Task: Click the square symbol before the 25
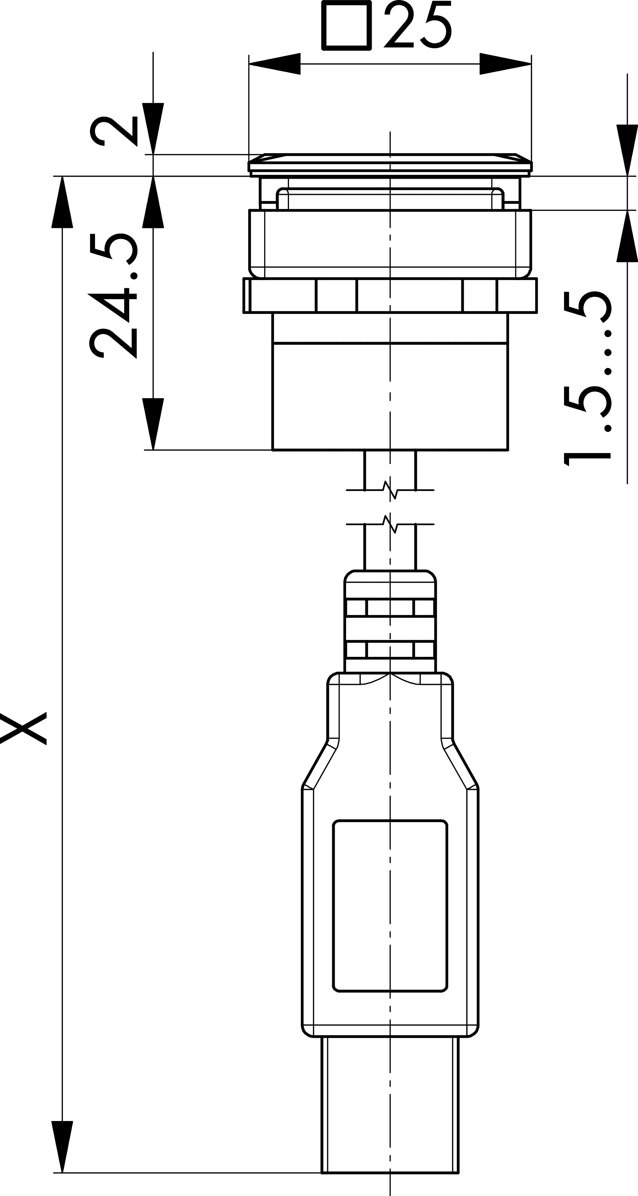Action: click(x=347, y=26)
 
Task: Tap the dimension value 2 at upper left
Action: click(x=114, y=131)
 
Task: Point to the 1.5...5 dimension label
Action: click(x=587, y=378)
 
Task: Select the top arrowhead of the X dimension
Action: click(x=62, y=202)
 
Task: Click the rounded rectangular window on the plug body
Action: click(x=390, y=906)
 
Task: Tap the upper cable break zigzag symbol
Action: click(x=390, y=490)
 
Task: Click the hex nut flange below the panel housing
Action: click(x=390, y=295)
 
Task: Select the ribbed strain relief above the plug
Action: click(x=390, y=622)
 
